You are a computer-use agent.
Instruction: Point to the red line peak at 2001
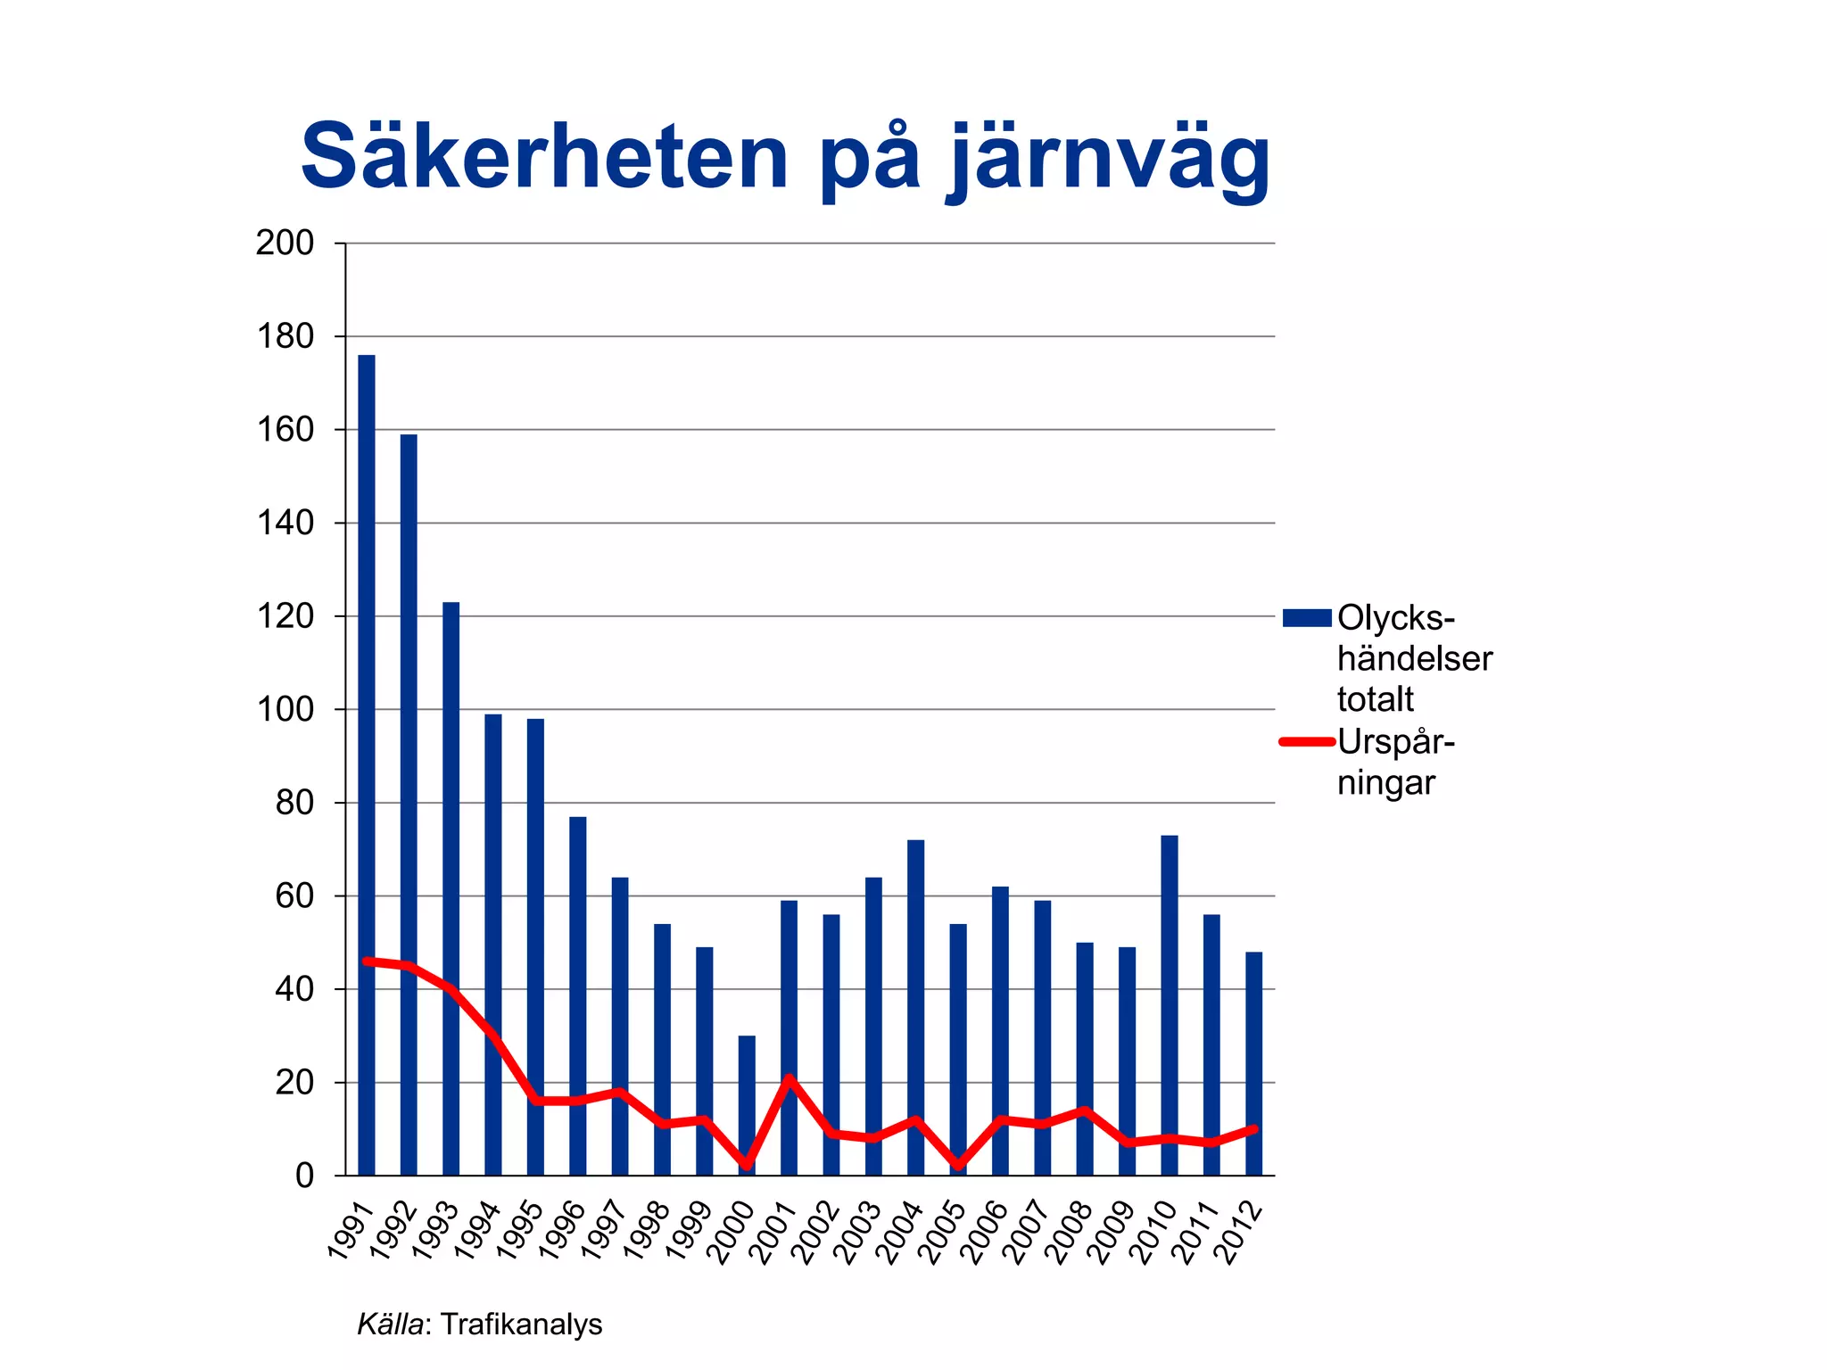pyautogui.click(x=789, y=1078)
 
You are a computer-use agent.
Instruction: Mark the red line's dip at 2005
pyautogui.click(x=958, y=1166)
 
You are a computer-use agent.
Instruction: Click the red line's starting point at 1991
pyautogui.click(x=367, y=961)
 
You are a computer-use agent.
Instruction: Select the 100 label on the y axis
pyautogui.click(x=285, y=710)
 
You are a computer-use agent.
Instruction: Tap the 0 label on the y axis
pyautogui.click(x=304, y=1176)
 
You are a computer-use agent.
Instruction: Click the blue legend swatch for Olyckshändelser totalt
pyautogui.click(x=1306, y=617)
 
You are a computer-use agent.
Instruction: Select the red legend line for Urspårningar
pyautogui.click(x=1306, y=741)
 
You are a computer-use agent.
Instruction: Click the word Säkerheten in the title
pyautogui.click(x=544, y=158)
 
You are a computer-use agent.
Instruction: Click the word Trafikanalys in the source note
pyautogui.click(x=521, y=1325)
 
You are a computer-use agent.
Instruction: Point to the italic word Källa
pyautogui.click(x=389, y=1325)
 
